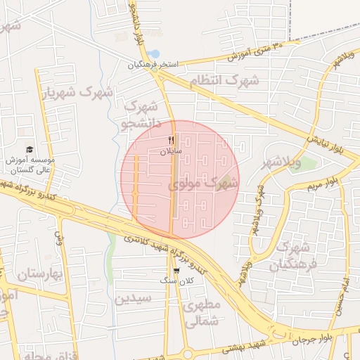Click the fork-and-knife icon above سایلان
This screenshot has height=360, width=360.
170,140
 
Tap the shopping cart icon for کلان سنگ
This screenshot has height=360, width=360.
176,270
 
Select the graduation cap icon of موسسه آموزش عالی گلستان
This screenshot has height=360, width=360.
30,149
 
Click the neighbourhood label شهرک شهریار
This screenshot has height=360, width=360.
78,92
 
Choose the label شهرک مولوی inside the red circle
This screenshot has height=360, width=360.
204,184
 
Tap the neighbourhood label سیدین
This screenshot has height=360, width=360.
133,298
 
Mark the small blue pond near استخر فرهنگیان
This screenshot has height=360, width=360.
155,54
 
